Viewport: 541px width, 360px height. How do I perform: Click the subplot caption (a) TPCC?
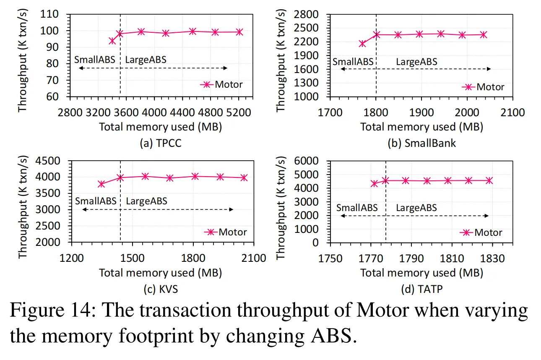click(x=160, y=143)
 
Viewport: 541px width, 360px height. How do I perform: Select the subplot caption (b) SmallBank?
click(x=421, y=143)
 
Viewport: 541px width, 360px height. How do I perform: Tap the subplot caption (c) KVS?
click(x=160, y=289)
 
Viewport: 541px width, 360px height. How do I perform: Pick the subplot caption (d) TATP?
click(x=421, y=289)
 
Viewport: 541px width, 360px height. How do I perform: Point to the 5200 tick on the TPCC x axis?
click(x=239, y=113)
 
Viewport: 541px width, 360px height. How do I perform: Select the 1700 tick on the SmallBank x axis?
click(x=330, y=113)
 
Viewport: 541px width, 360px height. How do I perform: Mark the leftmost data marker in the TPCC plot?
click(x=112, y=41)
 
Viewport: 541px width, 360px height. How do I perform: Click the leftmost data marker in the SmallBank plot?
click(x=362, y=44)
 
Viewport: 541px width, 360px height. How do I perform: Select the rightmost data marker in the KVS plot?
click(x=244, y=178)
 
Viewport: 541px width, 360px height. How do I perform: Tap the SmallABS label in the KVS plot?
click(x=96, y=201)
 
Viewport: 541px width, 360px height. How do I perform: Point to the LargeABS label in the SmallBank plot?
click(x=416, y=62)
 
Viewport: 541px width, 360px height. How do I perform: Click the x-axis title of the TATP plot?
click(x=421, y=273)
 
